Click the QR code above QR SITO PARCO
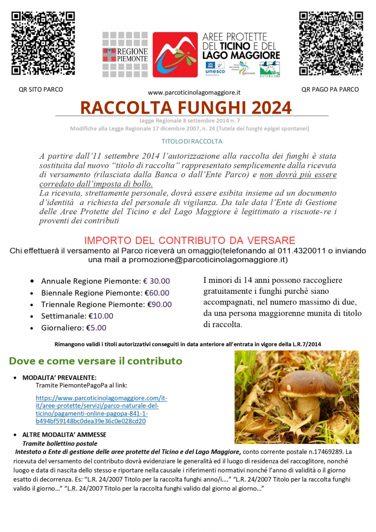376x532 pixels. click(43, 43)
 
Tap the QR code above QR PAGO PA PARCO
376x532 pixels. click(331, 43)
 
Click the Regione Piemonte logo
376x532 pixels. click(125, 55)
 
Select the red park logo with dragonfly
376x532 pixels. click(175, 55)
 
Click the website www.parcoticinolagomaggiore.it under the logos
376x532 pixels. click(194, 93)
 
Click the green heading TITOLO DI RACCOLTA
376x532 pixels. click(192, 141)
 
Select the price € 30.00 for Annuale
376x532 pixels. click(157, 281)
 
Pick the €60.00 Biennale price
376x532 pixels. click(157, 293)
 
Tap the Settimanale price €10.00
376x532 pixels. click(101, 316)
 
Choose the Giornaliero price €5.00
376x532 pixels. click(96, 328)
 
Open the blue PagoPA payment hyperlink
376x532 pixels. click(101, 410)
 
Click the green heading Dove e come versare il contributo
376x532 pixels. click(96, 361)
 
